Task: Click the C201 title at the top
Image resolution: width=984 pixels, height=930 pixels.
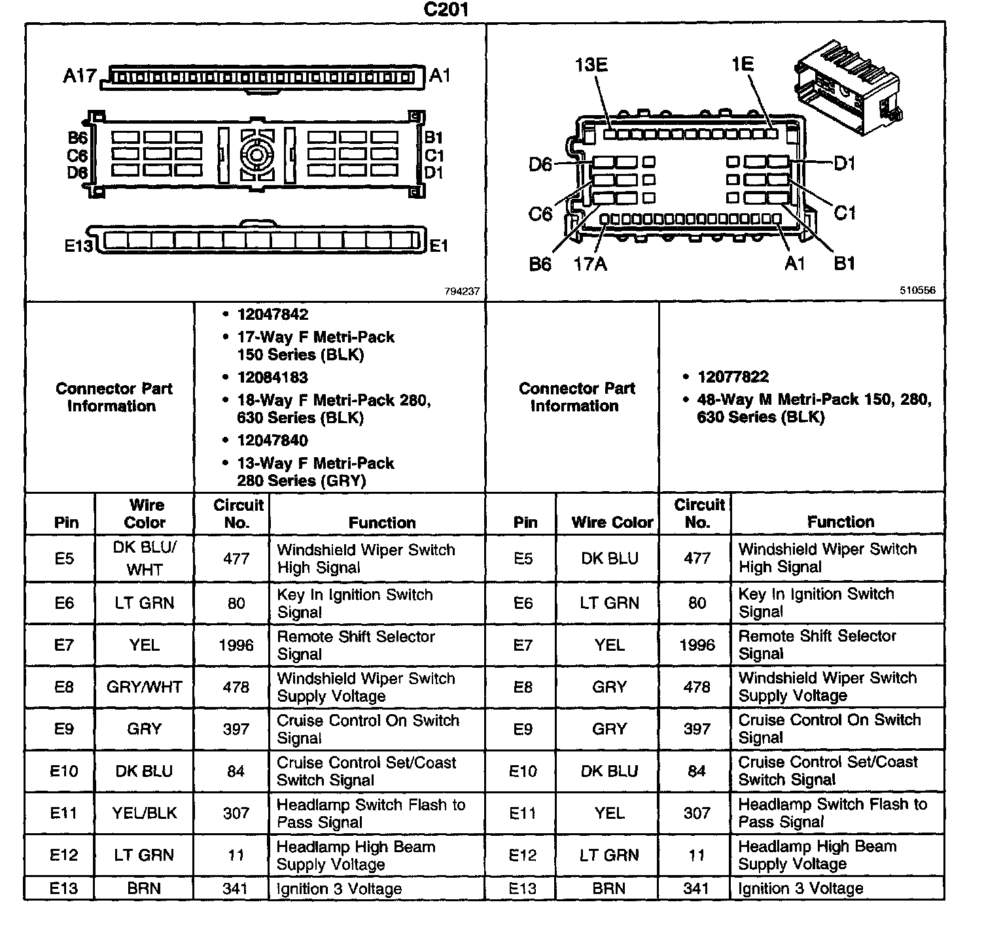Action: click(x=446, y=10)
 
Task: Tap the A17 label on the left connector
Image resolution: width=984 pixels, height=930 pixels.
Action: click(x=79, y=76)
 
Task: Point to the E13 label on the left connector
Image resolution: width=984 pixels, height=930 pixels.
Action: click(x=79, y=246)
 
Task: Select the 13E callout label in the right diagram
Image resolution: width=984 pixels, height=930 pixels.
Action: click(x=591, y=65)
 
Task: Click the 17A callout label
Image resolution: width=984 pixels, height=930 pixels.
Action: click(x=590, y=264)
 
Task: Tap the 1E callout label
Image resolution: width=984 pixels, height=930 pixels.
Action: click(x=743, y=64)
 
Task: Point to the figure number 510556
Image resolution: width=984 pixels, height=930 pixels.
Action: click(x=917, y=290)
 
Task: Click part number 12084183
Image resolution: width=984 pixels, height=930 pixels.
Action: click(x=272, y=377)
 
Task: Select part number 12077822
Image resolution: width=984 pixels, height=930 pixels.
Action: click(x=733, y=377)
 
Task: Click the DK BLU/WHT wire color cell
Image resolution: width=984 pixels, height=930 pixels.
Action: click(x=145, y=558)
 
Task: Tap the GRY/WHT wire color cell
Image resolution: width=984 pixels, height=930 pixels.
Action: click(x=145, y=687)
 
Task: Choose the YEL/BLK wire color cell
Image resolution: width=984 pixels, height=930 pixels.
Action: click(x=145, y=813)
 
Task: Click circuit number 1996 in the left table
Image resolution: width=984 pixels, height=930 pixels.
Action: click(x=236, y=646)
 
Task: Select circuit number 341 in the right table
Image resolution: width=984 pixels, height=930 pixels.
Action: click(x=696, y=888)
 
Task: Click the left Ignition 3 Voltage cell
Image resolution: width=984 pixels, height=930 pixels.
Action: click(x=339, y=889)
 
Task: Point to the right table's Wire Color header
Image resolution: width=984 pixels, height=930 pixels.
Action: click(x=612, y=522)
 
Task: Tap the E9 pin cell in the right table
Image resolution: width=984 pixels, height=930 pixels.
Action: click(x=523, y=729)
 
